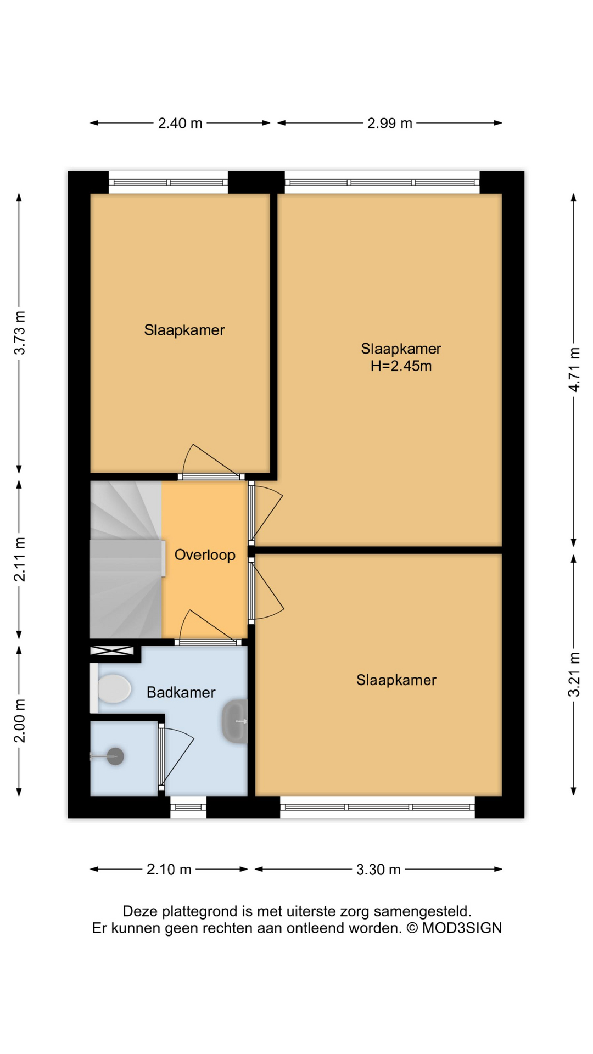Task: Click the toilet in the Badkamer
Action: point(113,688)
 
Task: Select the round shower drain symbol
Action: point(115,756)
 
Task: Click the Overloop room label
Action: point(205,555)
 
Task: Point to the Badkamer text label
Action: point(181,692)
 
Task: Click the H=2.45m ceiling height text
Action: point(401,366)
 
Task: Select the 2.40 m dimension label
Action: point(180,124)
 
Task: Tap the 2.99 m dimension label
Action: point(389,124)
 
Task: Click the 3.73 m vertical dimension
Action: point(20,333)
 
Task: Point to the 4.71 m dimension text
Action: point(574,369)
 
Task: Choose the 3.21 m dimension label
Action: point(574,675)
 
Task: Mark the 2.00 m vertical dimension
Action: point(20,721)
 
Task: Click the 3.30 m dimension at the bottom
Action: point(378,870)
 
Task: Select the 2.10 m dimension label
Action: point(169,870)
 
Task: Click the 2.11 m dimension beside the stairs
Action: point(20,559)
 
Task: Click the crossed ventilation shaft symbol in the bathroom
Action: point(112,651)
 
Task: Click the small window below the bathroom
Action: point(188,808)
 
